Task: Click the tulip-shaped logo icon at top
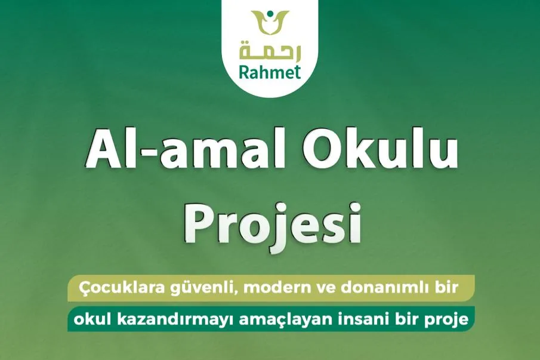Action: coord(270,24)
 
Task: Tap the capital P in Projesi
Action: coord(196,224)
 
